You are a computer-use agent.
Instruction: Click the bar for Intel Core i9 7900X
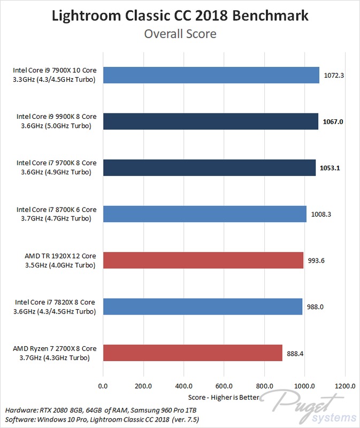[211, 75]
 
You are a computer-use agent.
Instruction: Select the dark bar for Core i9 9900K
[210, 121]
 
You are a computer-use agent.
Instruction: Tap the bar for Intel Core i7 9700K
[209, 167]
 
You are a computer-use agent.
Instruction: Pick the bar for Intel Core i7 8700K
[205, 214]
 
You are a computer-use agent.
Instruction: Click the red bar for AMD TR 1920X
[203, 260]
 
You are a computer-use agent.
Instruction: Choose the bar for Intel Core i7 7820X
[203, 307]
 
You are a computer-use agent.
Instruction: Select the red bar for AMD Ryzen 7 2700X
[193, 353]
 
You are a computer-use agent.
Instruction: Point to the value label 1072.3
[334, 75]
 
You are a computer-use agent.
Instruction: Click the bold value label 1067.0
[333, 122]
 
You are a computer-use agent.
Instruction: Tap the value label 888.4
[295, 354]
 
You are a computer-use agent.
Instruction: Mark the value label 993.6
[316, 261]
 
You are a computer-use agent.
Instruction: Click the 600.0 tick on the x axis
[224, 386]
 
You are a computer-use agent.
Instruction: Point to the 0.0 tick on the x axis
[103, 386]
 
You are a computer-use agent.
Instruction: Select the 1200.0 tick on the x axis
[345, 386]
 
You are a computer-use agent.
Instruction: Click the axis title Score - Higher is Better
[224, 398]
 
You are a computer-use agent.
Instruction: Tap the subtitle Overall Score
[180, 34]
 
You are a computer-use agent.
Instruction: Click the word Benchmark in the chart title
[270, 16]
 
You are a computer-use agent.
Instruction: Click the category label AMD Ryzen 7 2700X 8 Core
[55, 349]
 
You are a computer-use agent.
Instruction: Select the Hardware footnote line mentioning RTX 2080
[101, 410]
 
